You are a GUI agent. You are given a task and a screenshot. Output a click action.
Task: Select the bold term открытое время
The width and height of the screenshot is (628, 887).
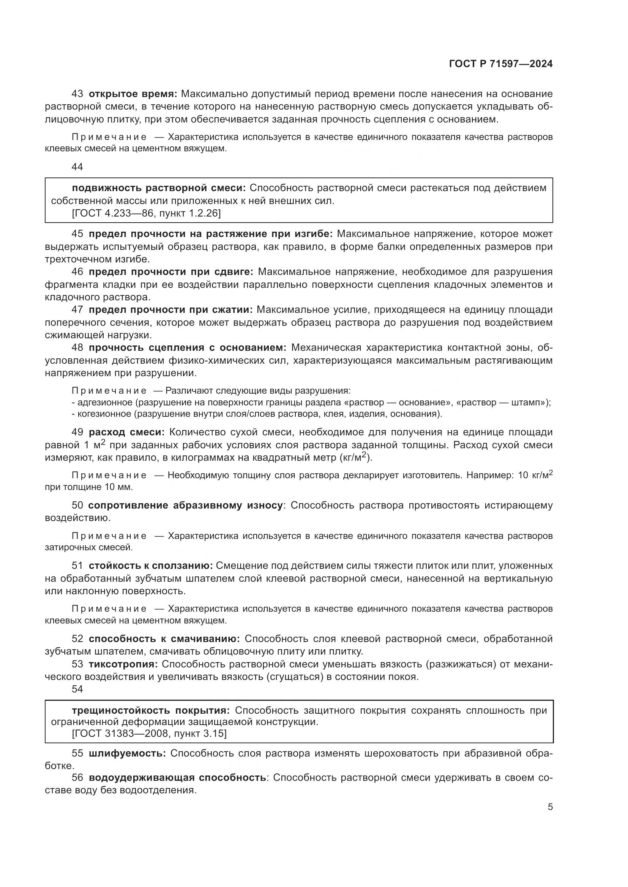pos(133,94)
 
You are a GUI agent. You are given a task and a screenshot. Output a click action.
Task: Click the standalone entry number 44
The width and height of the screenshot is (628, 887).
pos(77,167)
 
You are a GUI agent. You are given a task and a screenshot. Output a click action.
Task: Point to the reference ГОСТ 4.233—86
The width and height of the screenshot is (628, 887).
pos(112,213)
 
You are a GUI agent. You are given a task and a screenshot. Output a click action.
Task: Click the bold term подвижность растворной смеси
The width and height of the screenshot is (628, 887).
pos(159,188)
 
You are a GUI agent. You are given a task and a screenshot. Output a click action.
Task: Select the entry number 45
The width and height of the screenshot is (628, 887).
pos(77,234)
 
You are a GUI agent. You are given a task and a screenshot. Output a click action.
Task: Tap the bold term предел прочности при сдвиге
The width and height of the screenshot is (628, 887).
pos(170,272)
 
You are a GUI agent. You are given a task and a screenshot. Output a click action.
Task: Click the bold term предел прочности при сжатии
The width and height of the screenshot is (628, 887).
pos(170,309)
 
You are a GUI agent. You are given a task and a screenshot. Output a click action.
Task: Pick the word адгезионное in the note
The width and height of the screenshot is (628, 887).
pos(105,403)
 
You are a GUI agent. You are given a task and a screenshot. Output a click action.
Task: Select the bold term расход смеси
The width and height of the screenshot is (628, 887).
pos(126,432)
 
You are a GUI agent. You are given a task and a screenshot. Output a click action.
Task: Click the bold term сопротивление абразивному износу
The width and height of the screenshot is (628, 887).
pos(185,505)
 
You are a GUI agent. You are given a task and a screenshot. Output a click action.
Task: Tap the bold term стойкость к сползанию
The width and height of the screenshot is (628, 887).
pos(150,566)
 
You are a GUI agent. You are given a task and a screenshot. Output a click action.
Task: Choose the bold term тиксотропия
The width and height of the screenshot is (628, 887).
pos(123,664)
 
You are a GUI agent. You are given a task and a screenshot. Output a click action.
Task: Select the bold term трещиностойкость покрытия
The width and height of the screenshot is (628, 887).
pos(150,710)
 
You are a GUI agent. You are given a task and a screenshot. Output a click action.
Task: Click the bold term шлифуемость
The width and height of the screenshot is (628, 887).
pos(127,754)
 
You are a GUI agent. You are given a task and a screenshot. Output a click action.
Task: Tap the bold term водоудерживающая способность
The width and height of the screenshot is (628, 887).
pos(177,778)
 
